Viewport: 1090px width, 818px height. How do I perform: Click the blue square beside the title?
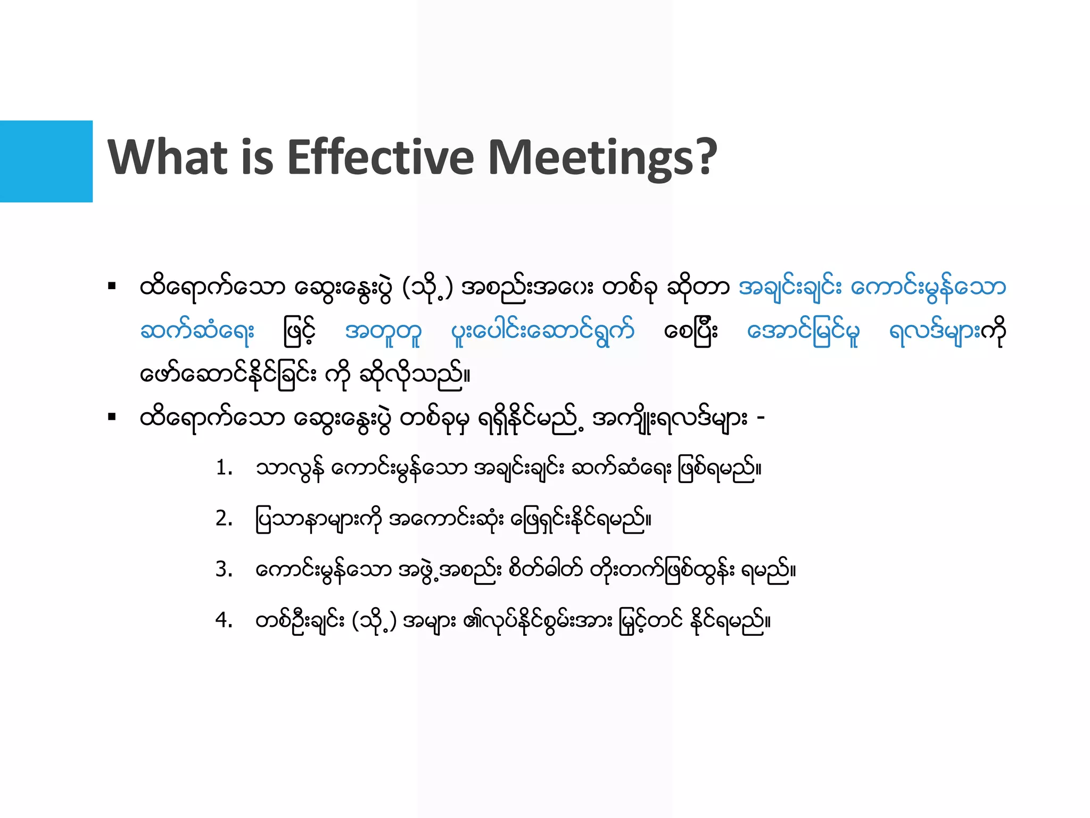coord(46,161)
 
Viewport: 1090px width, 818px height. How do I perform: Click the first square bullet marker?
coord(112,287)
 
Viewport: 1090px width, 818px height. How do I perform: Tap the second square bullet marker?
coord(112,417)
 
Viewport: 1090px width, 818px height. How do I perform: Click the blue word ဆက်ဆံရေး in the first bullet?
coord(197,331)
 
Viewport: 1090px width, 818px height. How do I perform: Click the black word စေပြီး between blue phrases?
coord(691,331)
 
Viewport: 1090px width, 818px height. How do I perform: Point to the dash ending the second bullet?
coord(761,417)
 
